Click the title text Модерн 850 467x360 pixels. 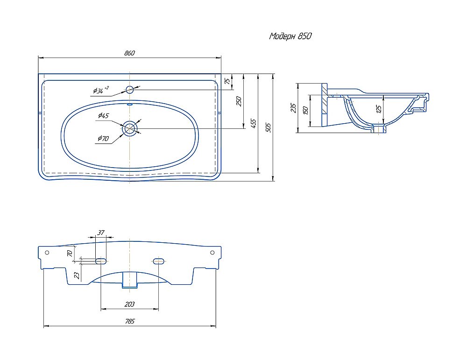[x=290, y=36]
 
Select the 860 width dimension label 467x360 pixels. [x=129, y=53]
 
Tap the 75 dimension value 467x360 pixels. [x=227, y=81]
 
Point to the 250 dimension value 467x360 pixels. [x=239, y=101]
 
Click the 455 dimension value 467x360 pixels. [x=253, y=123]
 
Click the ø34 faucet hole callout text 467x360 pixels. [x=101, y=90]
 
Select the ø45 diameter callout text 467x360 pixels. [x=103, y=115]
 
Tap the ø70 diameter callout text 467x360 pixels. [x=103, y=138]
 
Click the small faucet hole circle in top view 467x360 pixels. [x=130, y=89]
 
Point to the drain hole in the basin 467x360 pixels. [x=129, y=128]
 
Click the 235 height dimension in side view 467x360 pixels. [x=293, y=108]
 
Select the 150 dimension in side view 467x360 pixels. [x=305, y=111]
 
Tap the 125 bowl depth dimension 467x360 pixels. [x=379, y=109]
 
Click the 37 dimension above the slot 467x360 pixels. [x=101, y=232]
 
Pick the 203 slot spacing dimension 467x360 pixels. [x=129, y=304]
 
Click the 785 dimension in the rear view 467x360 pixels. [x=130, y=321]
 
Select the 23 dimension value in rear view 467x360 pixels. [x=77, y=275]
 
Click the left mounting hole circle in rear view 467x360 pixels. [x=47, y=253]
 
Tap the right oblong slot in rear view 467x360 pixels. [x=159, y=261]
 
